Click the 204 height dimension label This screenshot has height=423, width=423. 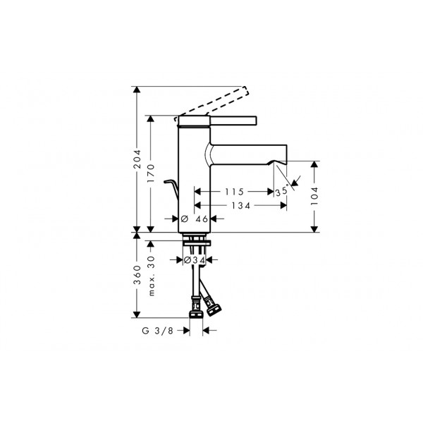point(137,159)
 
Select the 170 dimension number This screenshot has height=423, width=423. point(151,173)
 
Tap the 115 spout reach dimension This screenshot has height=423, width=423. point(235,192)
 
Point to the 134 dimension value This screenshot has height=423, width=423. point(241,206)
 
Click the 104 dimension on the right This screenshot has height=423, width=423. point(314,196)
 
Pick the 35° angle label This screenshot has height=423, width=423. point(282,191)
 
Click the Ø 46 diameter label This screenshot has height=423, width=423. point(195,219)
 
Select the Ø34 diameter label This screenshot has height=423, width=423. point(195,260)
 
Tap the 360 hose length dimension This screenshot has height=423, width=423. point(137,275)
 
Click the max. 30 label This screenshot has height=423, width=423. point(152,276)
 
